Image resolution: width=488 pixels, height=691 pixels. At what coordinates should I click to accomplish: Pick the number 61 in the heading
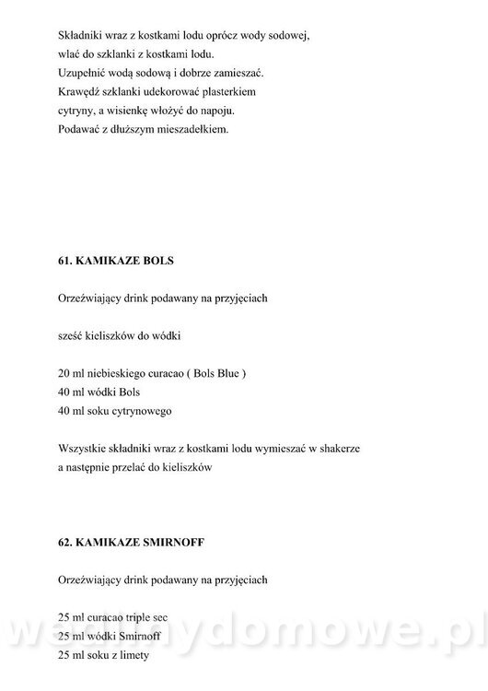tap(64, 261)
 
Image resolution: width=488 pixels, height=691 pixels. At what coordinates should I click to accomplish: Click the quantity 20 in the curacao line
tap(63, 374)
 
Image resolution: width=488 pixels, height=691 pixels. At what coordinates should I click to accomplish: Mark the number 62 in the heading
tap(64, 543)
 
